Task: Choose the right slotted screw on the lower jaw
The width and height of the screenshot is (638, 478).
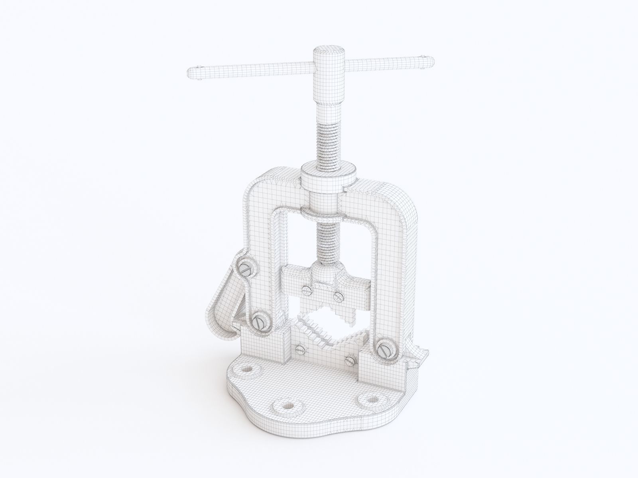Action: coord(350,362)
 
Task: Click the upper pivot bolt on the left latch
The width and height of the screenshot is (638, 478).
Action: coord(246,269)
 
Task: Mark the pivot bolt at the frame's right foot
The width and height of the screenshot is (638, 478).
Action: coord(385,350)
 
